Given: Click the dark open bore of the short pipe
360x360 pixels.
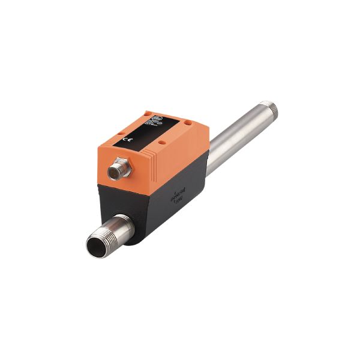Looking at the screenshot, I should (x=95, y=245).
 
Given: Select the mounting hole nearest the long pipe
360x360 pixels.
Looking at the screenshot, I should (x=188, y=123).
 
